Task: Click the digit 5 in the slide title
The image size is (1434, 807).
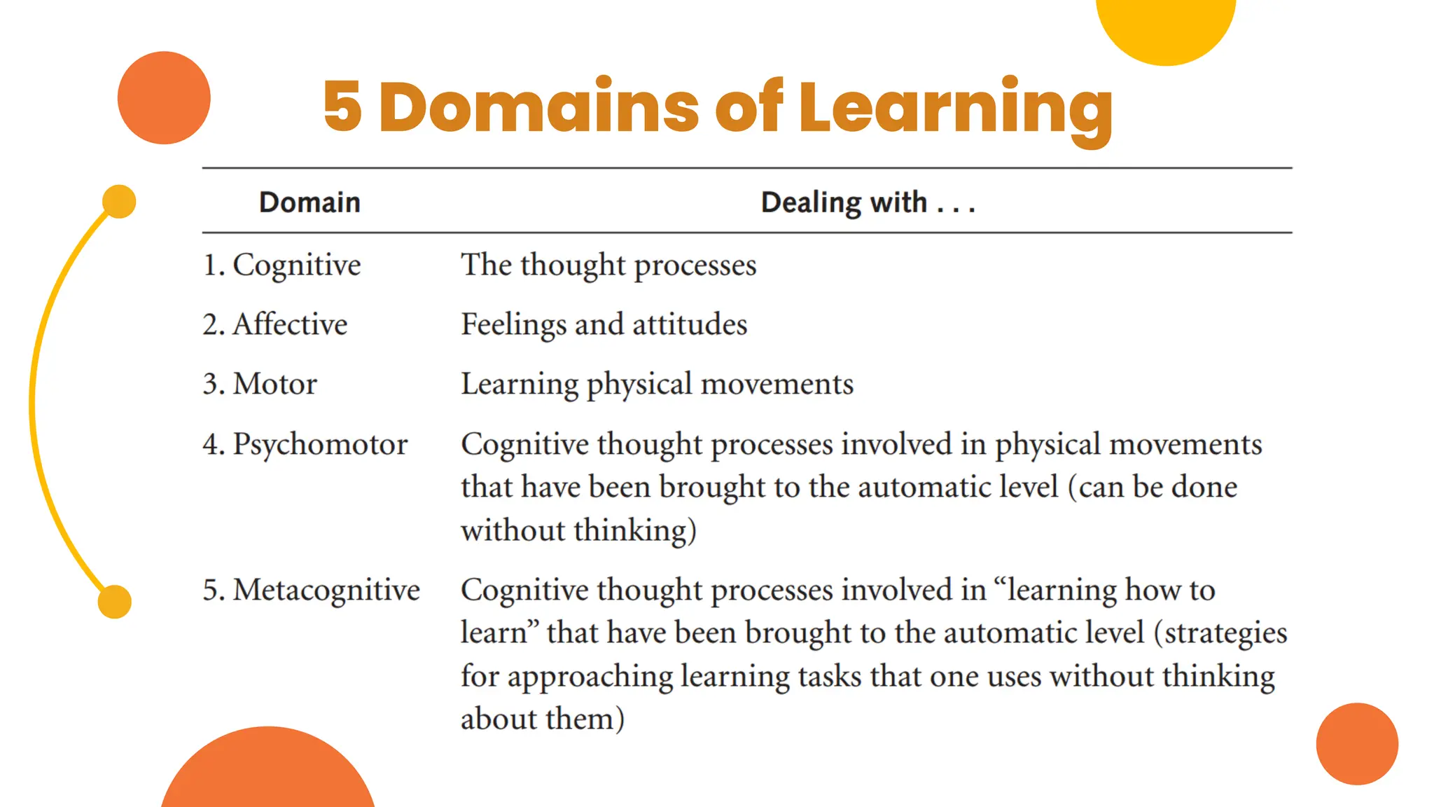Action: [342, 106]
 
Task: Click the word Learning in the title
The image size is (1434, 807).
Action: [955, 109]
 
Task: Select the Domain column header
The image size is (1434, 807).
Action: [309, 202]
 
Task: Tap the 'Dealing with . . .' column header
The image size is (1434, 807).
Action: [868, 202]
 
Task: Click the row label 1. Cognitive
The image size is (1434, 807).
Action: [281, 265]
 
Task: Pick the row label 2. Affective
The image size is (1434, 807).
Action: [274, 324]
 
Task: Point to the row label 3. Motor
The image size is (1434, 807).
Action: [260, 384]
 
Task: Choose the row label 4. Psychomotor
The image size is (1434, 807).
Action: [305, 444]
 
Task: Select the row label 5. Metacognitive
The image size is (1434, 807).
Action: [311, 590]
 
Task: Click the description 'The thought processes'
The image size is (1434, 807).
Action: [608, 265]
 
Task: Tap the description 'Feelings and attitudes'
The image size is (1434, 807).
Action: [604, 324]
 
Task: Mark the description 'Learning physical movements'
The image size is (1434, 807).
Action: [657, 384]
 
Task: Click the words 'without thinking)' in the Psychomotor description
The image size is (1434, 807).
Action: [578, 530]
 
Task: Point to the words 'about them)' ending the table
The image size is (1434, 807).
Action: [542, 719]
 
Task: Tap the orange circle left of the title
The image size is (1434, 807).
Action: [164, 98]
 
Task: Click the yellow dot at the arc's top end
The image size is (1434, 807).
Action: [119, 202]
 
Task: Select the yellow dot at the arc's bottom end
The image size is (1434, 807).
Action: [115, 602]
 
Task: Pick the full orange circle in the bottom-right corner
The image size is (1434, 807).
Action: [1356, 744]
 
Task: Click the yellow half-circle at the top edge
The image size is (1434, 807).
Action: [1166, 28]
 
